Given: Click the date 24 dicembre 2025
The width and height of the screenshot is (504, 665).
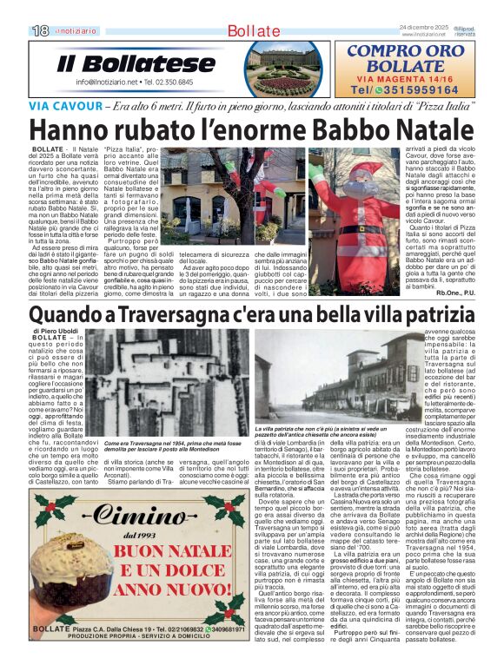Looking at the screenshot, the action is pyautogui.click(x=424, y=28).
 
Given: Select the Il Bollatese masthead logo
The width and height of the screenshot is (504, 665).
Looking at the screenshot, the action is pyautogui.click(x=124, y=63).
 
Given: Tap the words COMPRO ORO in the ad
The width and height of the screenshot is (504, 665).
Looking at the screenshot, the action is pyautogui.click(x=404, y=51).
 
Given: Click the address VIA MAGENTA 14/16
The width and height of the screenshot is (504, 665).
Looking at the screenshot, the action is pyautogui.click(x=404, y=77).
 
